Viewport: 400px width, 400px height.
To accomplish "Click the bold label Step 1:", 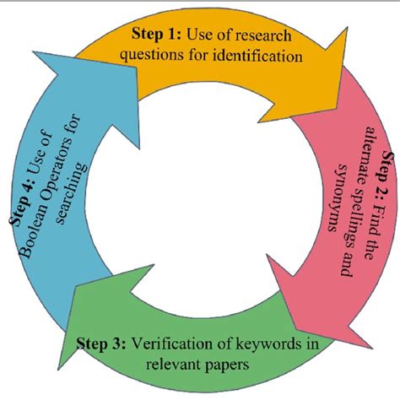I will pyautogui.click(x=154, y=35).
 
